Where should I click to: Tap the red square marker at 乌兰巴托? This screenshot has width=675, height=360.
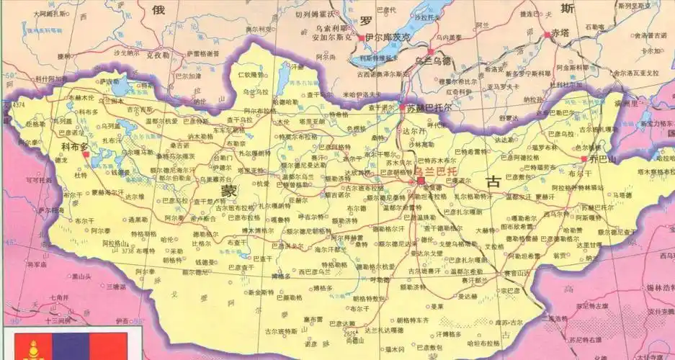(x=421, y=181)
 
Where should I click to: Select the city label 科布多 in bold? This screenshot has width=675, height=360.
(x=74, y=146)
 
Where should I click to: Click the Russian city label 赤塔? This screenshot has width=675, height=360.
(x=560, y=32)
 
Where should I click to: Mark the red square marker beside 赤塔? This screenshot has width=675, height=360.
(x=547, y=33)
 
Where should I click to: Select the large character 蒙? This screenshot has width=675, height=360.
(x=228, y=191)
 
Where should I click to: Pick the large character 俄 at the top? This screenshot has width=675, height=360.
(x=158, y=9)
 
